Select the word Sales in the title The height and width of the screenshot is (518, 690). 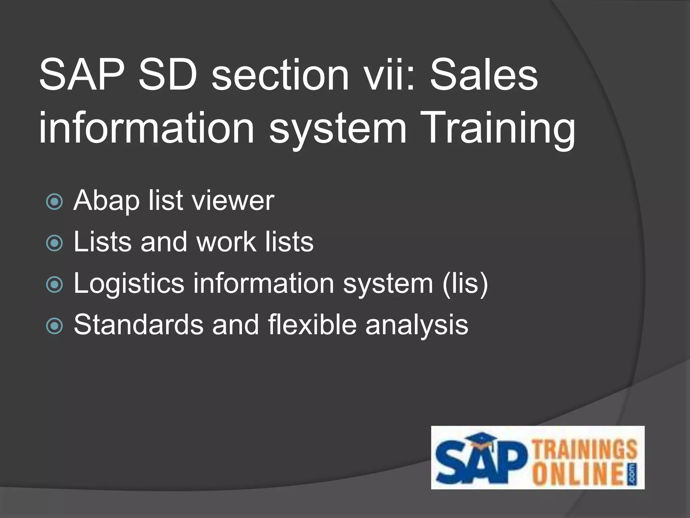tap(484, 75)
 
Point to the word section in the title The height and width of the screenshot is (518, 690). tap(280, 75)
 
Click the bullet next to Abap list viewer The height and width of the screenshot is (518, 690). tap(54, 201)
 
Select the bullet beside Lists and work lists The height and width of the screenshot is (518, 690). tap(54, 243)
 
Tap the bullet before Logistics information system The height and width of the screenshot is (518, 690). tap(54, 284)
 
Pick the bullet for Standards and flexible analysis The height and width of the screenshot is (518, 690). tap(54, 326)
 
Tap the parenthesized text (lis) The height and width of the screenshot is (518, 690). tap(465, 284)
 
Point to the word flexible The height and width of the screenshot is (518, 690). tap(312, 324)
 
